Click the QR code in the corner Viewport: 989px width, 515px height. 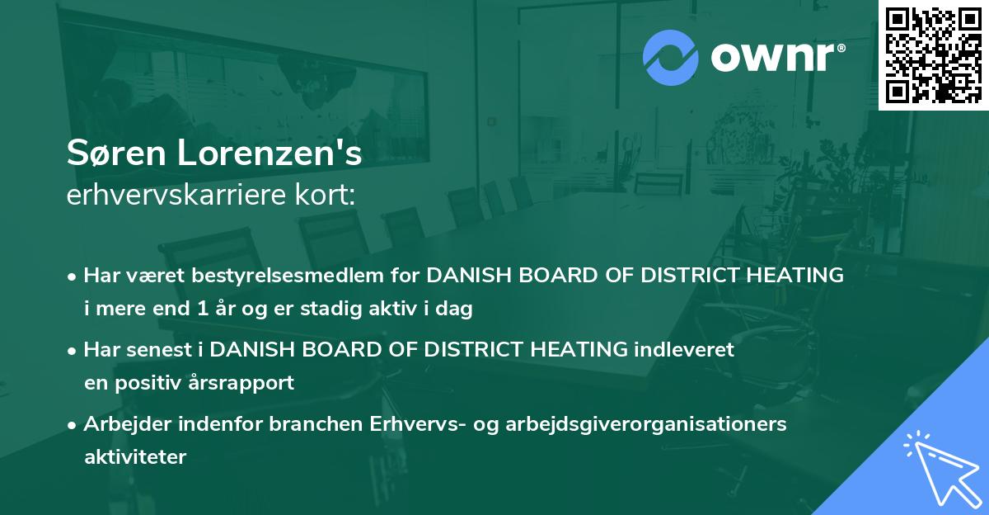[933, 55]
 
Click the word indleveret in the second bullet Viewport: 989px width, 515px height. [683, 350]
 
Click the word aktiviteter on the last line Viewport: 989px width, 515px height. [135, 456]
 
